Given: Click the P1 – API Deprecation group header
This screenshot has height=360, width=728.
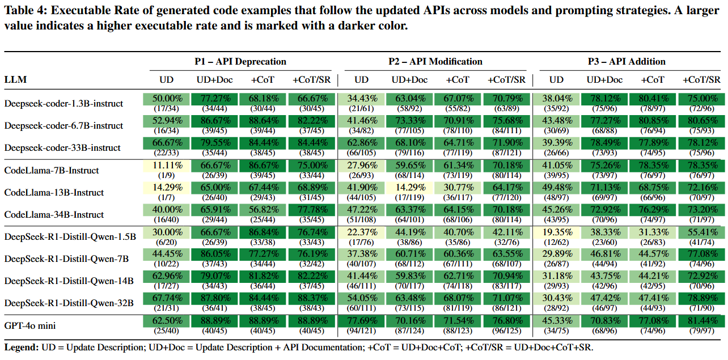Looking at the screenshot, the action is (240, 61).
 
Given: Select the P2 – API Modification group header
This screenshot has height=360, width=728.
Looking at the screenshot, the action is (435, 61).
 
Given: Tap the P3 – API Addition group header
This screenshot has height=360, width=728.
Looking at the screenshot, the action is (627, 61).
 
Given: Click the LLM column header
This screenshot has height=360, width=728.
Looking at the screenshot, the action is (15, 79).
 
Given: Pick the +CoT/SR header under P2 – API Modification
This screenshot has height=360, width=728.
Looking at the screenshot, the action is (506, 79).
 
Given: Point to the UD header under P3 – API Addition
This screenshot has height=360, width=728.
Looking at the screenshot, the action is (556, 79).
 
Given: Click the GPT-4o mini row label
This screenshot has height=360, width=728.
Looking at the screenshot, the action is (30, 325).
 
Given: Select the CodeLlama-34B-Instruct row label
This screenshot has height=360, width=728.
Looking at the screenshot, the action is (54, 214).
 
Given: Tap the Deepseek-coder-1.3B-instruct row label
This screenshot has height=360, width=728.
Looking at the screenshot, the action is (64, 103).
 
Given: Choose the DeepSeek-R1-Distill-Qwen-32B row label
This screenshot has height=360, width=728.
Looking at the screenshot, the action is (69, 303).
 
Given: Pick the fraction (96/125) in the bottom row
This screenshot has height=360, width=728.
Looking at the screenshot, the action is (507, 331).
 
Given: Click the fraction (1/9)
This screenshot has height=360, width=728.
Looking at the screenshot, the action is (166, 175).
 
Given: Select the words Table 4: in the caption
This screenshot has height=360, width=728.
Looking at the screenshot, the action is (26, 10).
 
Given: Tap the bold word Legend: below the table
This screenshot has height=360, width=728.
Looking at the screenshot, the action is (22, 348).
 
